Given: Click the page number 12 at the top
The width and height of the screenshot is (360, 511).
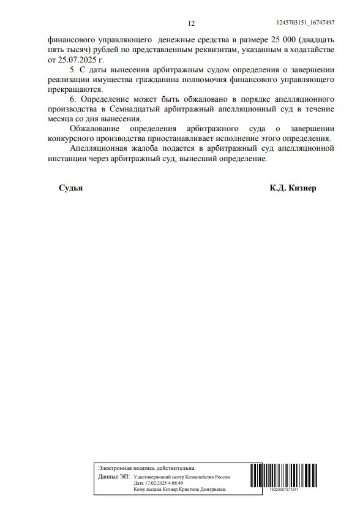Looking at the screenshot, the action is [x=191, y=23].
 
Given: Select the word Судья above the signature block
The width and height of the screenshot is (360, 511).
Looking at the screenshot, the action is [x=70, y=188].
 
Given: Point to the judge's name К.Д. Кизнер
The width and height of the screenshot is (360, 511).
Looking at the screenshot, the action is [x=293, y=188].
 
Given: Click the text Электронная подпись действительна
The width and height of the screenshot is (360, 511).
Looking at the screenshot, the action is [x=147, y=467].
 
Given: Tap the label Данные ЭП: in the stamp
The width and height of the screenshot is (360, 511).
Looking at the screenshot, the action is [x=114, y=476].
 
